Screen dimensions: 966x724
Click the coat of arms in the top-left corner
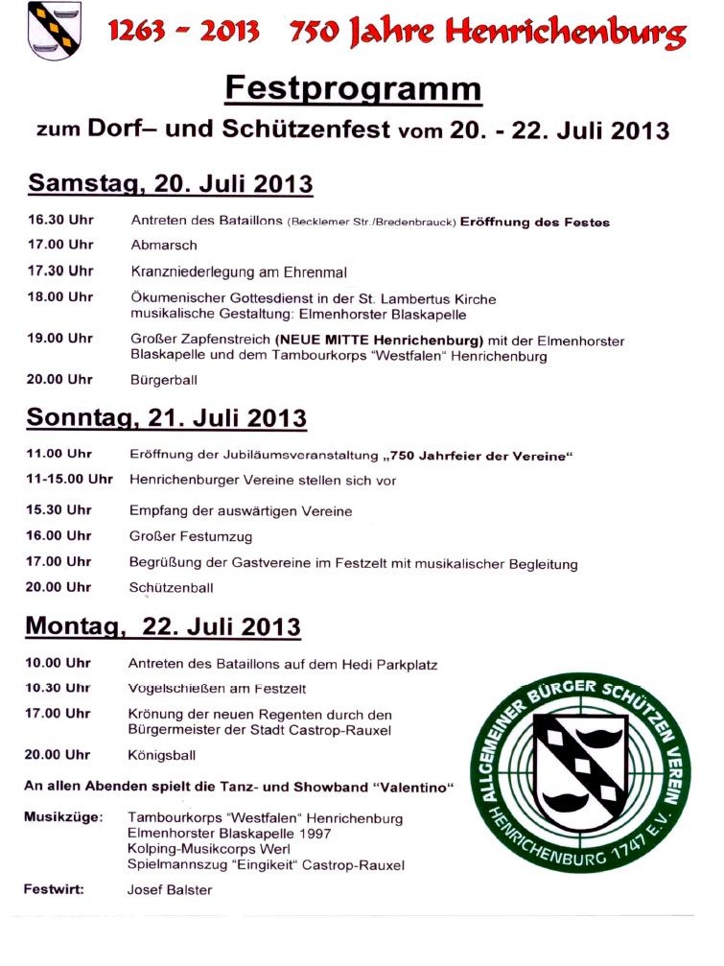point(54,31)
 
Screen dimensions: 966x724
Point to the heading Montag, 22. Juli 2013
point(163,626)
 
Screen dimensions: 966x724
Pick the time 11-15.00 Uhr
point(69,480)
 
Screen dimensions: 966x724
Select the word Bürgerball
point(164,380)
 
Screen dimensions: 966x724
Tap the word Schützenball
point(171,587)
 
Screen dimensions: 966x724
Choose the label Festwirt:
point(54,889)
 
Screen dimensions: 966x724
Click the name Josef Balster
point(170,890)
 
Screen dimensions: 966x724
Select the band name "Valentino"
point(415,788)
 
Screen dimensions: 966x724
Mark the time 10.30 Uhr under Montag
point(58,688)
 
